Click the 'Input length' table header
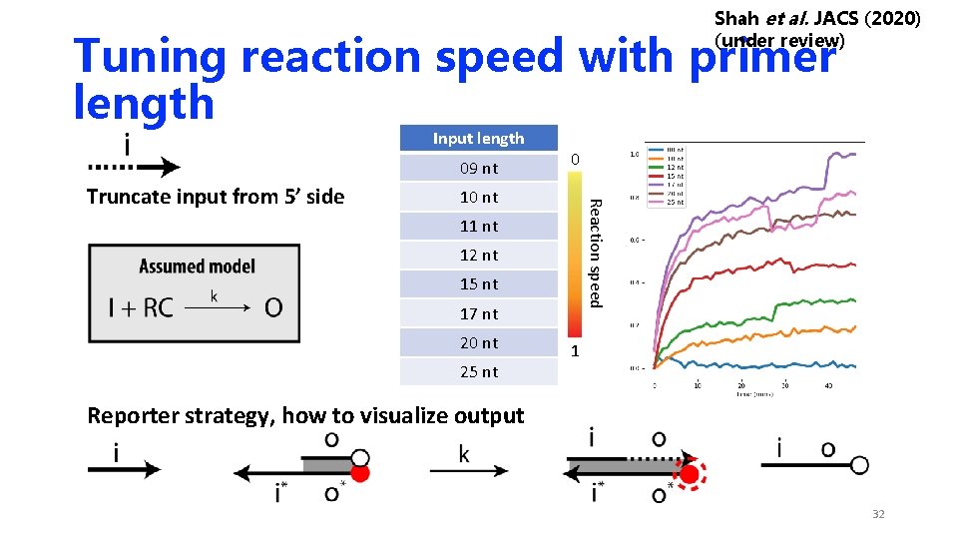[x=478, y=139]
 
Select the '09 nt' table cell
[x=478, y=168]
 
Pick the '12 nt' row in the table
[x=478, y=255]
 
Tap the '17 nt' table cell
[x=478, y=313]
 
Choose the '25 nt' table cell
[x=478, y=371]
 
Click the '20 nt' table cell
[x=478, y=342]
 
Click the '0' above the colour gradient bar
[x=574, y=159]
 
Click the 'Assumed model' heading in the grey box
[x=197, y=267]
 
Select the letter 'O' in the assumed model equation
[x=272, y=307]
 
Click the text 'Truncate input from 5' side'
[x=216, y=197]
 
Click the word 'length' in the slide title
[x=144, y=103]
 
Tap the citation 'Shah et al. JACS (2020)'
[x=817, y=19]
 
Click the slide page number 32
[x=878, y=514]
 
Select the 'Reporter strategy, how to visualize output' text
[x=305, y=415]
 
